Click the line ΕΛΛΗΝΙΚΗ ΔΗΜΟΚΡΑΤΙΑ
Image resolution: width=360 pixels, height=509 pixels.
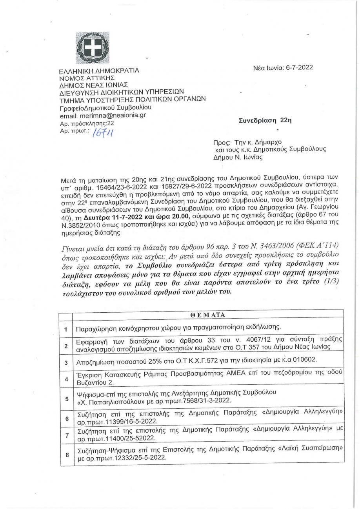[99, 71]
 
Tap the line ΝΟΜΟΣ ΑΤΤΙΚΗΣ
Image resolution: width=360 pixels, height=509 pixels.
[82, 78]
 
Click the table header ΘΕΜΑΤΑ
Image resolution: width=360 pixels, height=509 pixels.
[207, 315]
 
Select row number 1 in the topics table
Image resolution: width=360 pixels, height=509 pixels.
[66, 328]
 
